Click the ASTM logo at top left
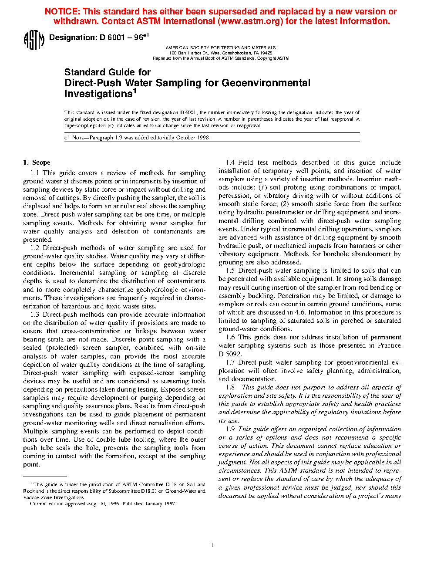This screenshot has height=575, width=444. pos(34,40)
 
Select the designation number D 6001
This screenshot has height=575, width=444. pos(112,38)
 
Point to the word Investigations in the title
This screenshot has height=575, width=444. pos(98,94)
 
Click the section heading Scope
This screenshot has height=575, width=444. pos(41,162)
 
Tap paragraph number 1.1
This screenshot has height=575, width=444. pos(35,173)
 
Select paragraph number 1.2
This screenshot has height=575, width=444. pos(35,248)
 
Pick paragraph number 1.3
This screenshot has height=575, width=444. pos(35,315)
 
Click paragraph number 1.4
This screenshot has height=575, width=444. pos(230,162)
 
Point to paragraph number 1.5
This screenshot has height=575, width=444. pos(230,271)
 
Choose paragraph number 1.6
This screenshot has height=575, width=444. pos(230,337)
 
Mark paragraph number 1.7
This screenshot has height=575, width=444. pos(230,362)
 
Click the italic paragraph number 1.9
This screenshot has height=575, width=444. pos(230,429)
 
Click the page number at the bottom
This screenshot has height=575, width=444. pos(212,545)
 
